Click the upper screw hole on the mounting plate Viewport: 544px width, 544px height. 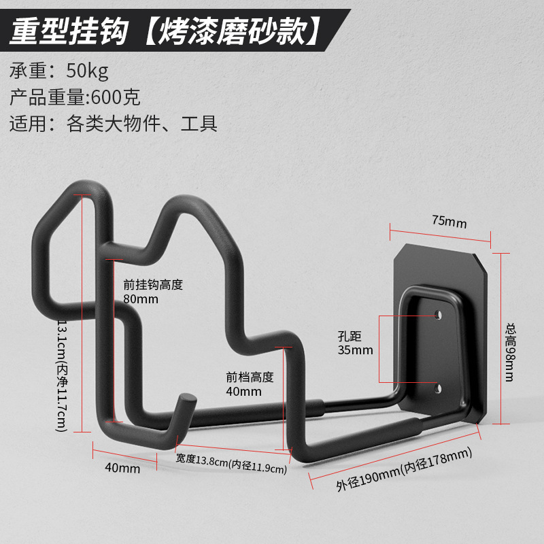click(x=438, y=315)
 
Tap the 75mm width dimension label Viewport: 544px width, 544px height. click(x=449, y=222)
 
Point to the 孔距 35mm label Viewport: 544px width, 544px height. click(x=355, y=343)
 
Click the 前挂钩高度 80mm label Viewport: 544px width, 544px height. click(x=152, y=292)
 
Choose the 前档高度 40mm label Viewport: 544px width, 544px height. click(x=250, y=384)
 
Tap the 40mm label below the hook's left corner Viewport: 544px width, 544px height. click(x=123, y=468)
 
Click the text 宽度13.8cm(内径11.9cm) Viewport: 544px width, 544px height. click(x=231, y=462)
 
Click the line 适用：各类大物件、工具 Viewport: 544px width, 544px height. click(x=114, y=124)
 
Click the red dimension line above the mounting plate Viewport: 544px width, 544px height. click(x=441, y=233)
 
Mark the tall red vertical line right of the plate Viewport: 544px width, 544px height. click(x=501, y=338)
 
